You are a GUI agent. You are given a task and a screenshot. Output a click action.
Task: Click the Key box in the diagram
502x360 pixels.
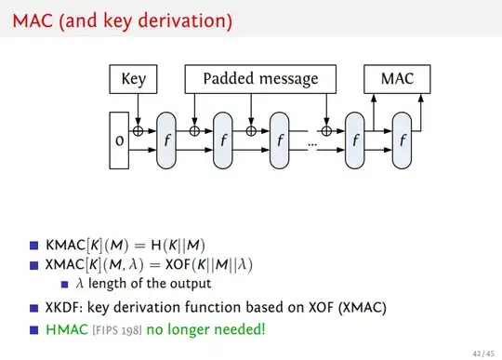tap(134, 79)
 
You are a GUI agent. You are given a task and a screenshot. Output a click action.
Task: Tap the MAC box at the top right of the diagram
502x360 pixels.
tap(397, 79)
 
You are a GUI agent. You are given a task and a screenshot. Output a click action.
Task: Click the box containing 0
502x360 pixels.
tap(119, 140)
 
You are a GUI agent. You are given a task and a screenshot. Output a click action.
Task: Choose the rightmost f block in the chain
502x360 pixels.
tap(402, 140)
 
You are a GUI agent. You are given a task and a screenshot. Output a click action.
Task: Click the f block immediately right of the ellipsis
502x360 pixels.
tap(355, 140)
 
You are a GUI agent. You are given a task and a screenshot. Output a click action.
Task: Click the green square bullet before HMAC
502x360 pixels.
tap(34, 327)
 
